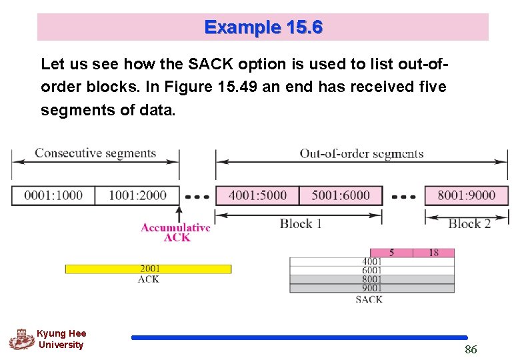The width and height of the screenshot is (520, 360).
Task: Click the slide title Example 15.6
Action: (x=263, y=27)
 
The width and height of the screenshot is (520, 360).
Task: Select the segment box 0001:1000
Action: (x=53, y=195)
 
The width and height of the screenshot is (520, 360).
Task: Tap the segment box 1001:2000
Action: (x=137, y=195)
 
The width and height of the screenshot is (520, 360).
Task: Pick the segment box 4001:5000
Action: (x=257, y=195)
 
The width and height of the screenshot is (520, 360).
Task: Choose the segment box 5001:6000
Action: (x=341, y=195)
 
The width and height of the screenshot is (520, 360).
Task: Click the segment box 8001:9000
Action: (x=466, y=195)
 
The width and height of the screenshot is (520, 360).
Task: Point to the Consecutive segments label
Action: (x=95, y=153)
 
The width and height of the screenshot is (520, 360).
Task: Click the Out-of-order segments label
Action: (x=361, y=153)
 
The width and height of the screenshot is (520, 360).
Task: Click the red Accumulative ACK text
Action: (x=175, y=233)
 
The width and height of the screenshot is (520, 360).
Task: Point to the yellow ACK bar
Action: (x=148, y=269)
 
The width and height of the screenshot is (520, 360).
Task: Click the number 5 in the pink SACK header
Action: (x=391, y=253)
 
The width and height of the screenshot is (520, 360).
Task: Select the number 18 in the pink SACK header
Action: (x=433, y=253)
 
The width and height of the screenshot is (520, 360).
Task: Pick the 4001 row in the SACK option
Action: (x=372, y=262)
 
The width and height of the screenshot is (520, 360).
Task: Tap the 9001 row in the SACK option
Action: (x=372, y=288)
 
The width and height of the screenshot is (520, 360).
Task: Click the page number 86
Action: (x=471, y=349)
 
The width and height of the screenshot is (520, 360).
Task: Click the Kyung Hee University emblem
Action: (x=21, y=339)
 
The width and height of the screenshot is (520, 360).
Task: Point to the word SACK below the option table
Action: (x=369, y=300)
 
